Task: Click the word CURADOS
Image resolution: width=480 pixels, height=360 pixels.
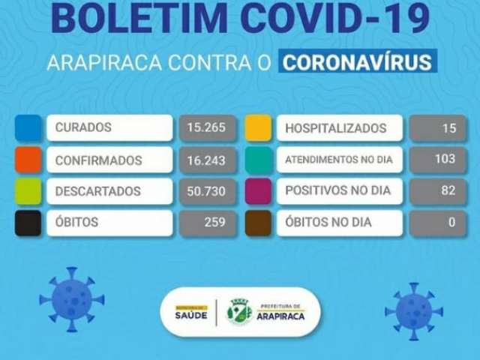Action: (83, 127)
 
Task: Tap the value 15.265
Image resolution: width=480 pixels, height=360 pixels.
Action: (206, 127)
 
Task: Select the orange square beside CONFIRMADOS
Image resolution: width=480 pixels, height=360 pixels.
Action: (28, 160)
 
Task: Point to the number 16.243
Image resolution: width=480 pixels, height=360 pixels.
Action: (206, 160)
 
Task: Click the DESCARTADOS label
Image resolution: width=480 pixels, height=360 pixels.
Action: (98, 191)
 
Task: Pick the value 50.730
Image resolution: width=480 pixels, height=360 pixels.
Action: (206, 191)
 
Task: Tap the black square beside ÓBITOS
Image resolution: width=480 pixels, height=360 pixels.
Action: (28, 223)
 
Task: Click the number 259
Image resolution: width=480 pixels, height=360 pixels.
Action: (215, 222)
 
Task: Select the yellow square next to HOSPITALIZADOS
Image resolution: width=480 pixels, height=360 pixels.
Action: (258, 127)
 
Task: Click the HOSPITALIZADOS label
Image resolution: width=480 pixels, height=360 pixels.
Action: (336, 128)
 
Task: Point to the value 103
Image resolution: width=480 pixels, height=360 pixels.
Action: (445, 159)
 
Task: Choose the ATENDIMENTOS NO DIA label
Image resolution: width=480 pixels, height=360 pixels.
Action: (339, 160)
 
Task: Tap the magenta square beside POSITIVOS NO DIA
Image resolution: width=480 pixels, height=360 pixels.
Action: (258, 191)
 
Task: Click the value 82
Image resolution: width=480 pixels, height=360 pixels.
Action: (448, 190)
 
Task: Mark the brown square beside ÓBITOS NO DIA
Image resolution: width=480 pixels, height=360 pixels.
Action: (258, 223)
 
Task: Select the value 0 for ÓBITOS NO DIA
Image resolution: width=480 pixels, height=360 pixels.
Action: (451, 222)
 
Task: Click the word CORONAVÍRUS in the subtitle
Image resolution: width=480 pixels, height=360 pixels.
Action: (357, 62)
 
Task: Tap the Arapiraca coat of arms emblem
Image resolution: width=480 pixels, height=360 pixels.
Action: (239, 312)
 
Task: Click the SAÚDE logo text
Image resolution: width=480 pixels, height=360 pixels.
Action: (191, 315)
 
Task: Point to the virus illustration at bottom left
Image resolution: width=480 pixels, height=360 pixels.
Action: (72, 299)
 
